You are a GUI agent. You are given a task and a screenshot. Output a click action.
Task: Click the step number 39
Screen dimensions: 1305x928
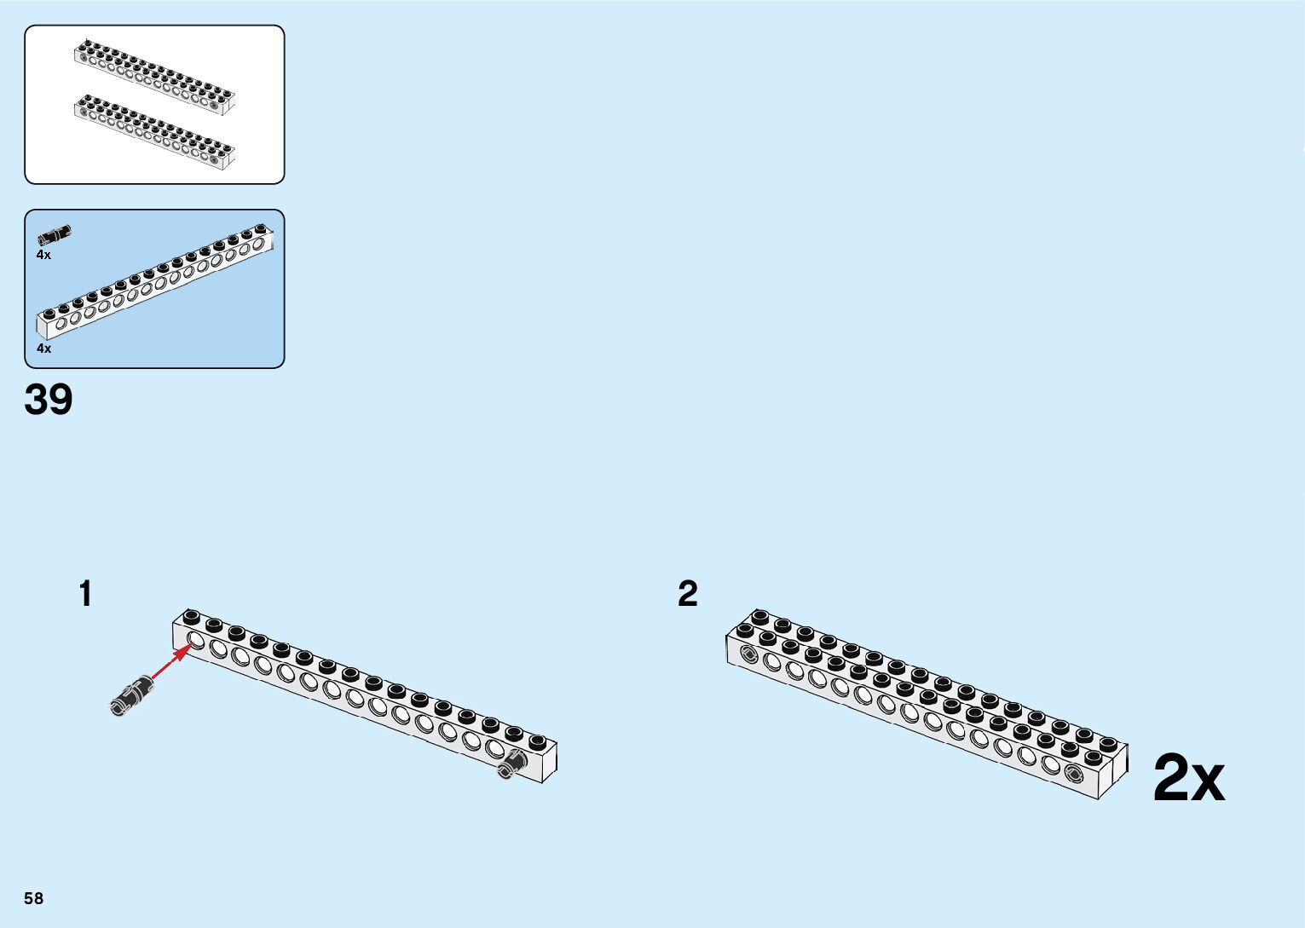(49, 400)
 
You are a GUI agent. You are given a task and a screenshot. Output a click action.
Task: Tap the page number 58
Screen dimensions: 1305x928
(33, 898)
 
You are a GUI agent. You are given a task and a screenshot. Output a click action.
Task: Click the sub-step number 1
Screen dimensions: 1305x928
(85, 594)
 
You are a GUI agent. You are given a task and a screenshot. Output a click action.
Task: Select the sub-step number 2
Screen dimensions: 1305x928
(687, 594)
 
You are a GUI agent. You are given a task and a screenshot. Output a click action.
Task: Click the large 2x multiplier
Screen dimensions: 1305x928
(1188, 779)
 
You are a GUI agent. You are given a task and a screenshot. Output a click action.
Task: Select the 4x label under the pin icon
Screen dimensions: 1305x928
(43, 255)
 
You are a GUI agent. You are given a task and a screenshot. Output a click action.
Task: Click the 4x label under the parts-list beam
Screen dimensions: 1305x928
(43, 349)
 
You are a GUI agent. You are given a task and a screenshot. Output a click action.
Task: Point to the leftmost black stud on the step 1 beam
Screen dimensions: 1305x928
(192, 616)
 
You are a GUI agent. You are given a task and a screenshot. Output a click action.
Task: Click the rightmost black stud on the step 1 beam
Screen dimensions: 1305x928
(537, 741)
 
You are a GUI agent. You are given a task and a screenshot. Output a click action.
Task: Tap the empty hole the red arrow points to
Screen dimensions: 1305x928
(195, 641)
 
